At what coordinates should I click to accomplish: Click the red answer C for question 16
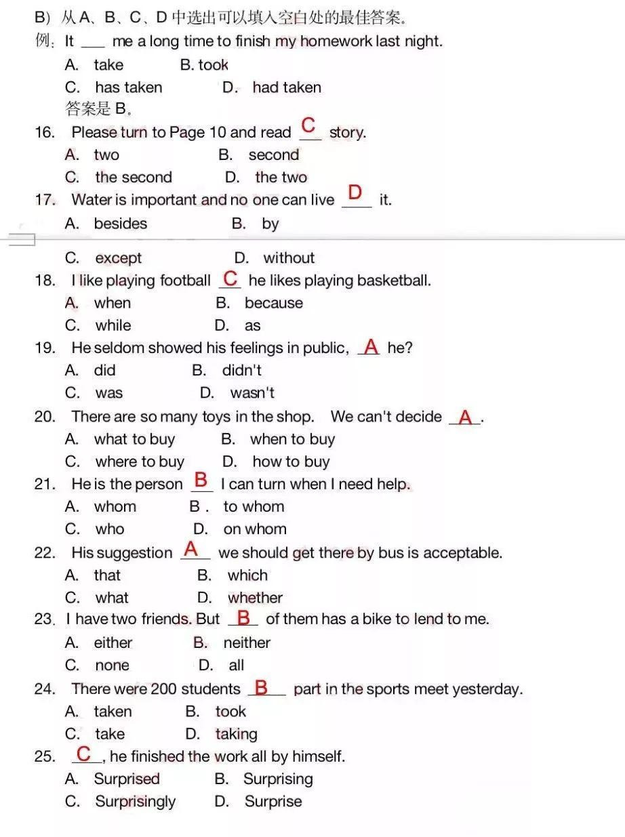point(308,125)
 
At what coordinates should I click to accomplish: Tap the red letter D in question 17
point(355,193)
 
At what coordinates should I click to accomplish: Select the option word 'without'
point(289,258)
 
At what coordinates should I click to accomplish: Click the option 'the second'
point(134,178)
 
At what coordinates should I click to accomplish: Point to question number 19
point(45,348)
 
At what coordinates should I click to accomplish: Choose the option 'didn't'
point(241,371)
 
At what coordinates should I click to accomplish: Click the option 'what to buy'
point(134,439)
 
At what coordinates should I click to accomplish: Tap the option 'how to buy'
point(291,462)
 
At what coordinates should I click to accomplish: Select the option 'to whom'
point(254,507)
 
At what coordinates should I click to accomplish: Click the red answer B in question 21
point(201,481)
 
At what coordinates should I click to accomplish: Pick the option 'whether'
point(256,598)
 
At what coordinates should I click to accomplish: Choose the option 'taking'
point(236,734)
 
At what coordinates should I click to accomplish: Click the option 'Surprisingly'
point(135,802)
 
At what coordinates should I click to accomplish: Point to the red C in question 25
point(84,754)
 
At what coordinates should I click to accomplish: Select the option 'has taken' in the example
point(128,87)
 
